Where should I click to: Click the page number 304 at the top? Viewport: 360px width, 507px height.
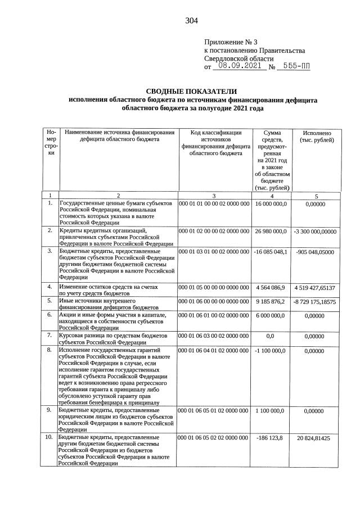[x=191, y=21]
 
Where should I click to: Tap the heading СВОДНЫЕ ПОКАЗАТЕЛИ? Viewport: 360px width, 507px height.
[x=192, y=91]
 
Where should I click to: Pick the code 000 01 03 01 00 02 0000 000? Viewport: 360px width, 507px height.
[x=214, y=251]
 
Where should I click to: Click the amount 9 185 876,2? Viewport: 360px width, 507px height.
[x=271, y=301]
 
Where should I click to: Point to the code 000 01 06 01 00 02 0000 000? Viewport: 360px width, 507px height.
[x=214, y=315]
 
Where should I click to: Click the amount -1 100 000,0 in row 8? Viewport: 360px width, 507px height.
[x=271, y=351]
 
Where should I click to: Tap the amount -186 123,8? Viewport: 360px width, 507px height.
[x=271, y=437]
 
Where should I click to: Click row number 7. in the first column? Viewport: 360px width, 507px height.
[x=50, y=336]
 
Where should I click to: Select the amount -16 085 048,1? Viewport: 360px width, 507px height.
[x=271, y=251]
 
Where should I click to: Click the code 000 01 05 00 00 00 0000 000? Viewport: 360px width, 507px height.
[x=214, y=287]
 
